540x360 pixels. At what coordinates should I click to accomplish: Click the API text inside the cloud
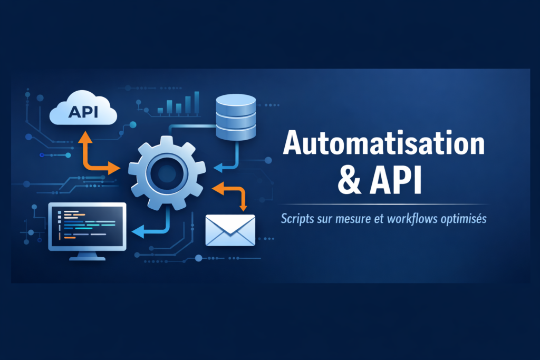coord(83,112)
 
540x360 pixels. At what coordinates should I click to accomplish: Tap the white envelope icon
coord(230,230)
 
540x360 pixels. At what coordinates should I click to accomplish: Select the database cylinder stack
coord(236,117)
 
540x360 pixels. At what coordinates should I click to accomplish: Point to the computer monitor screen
coord(87,226)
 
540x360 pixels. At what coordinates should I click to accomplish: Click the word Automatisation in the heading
coord(384,142)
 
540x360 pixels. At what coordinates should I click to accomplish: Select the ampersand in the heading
coord(349,181)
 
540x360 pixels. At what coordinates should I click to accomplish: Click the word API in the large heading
coord(396,181)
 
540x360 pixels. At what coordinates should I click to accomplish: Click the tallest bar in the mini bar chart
coord(197,103)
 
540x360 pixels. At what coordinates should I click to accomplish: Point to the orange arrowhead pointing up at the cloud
coord(85,138)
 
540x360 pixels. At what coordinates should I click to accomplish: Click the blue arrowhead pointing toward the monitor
coord(138,231)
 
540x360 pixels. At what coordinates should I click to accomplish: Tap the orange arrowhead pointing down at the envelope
coord(243,207)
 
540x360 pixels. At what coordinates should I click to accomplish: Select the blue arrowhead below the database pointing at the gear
coord(218,168)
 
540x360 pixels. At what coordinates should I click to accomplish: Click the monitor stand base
coord(87,258)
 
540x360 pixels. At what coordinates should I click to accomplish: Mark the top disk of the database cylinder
coord(236,100)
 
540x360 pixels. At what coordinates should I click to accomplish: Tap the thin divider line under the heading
coord(384,205)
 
